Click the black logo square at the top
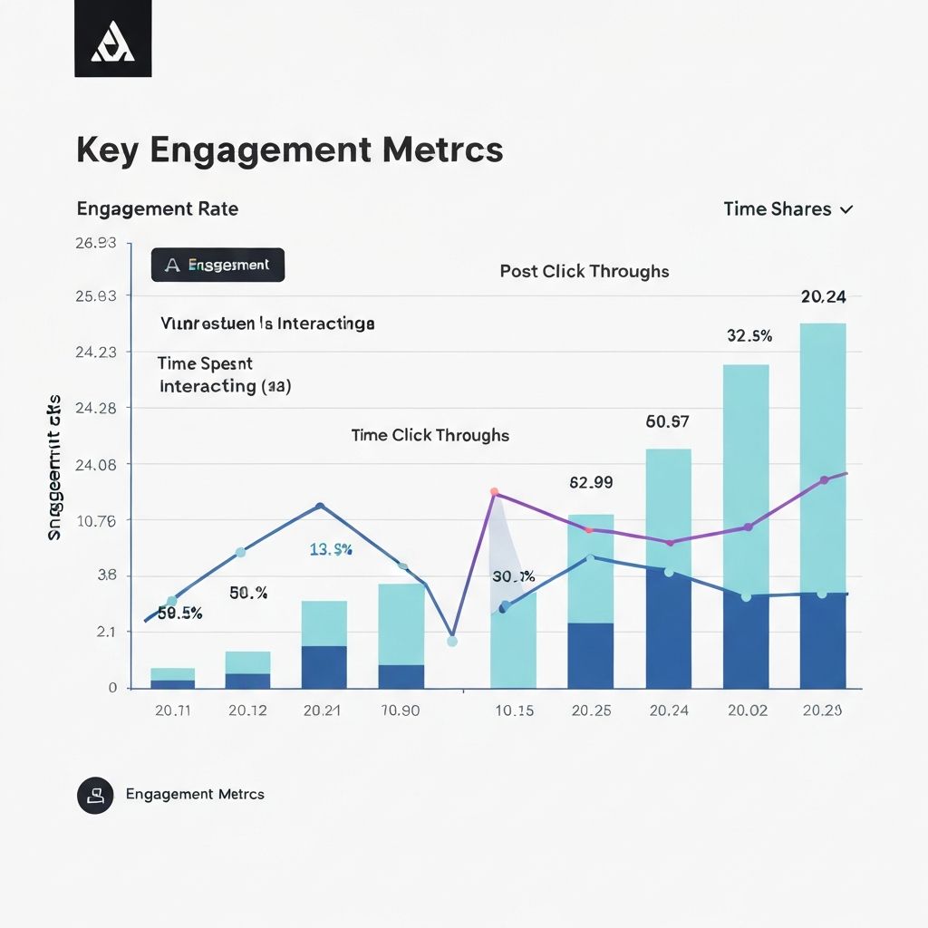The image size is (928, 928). click(x=113, y=40)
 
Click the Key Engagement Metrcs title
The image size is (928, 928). click(x=289, y=150)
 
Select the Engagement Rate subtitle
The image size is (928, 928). click(x=158, y=208)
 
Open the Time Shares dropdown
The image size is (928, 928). click(x=788, y=208)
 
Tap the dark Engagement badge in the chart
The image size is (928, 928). click(x=217, y=265)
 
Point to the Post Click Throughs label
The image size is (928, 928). click(x=585, y=271)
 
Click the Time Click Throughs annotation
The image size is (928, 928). click(x=430, y=435)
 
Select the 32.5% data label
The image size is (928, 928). click(x=749, y=335)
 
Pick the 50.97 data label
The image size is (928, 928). click(x=668, y=420)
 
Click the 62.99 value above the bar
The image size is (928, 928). click(x=591, y=482)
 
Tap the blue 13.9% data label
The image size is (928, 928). click(x=331, y=549)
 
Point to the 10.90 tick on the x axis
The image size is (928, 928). click(x=400, y=710)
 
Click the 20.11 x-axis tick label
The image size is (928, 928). click(x=172, y=710)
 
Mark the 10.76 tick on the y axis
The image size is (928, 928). click(x=100, y=520)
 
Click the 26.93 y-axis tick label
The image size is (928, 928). click(x=100, y=242)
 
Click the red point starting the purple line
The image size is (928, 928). click(x=495, y=492)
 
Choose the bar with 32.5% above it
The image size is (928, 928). click(x=746, y=526)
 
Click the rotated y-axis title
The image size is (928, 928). click(x=54, y=468)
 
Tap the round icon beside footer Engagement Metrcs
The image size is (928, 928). click(x=95, y=795)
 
